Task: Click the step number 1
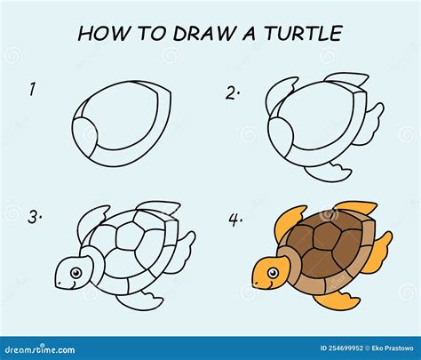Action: [x=32, y=88]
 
